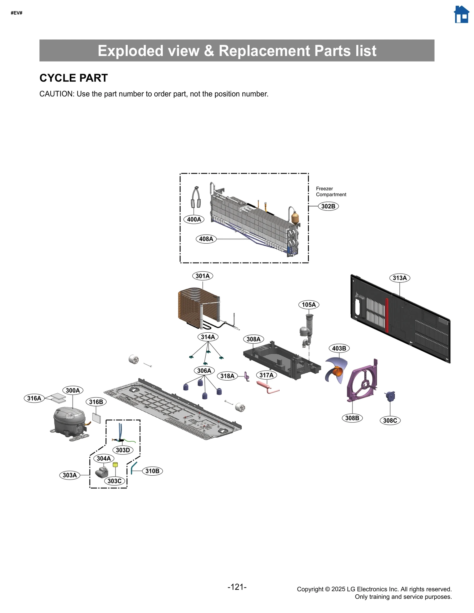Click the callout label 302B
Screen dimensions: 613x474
click(x=328, y=206)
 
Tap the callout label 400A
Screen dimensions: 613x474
click(x=194, y=219)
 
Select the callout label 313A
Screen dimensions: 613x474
click(x=399, y=278)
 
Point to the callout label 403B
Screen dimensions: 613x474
click(x=339, y=348)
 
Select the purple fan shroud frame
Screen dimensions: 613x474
click(x=362, y=382)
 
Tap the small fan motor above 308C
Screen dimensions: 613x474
click(x=390, y=396)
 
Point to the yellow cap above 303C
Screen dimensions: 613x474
click(x=115, y=465)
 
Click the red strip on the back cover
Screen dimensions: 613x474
click(x=387, y=315)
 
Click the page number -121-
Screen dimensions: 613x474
click(x=237, y=587)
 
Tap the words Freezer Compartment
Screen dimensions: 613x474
click(x=330, y=192)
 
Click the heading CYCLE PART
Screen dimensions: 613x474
click(x=73, y=78)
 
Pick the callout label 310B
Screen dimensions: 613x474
click(x=152, y=471)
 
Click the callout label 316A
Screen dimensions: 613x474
click(x=34, y=398)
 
